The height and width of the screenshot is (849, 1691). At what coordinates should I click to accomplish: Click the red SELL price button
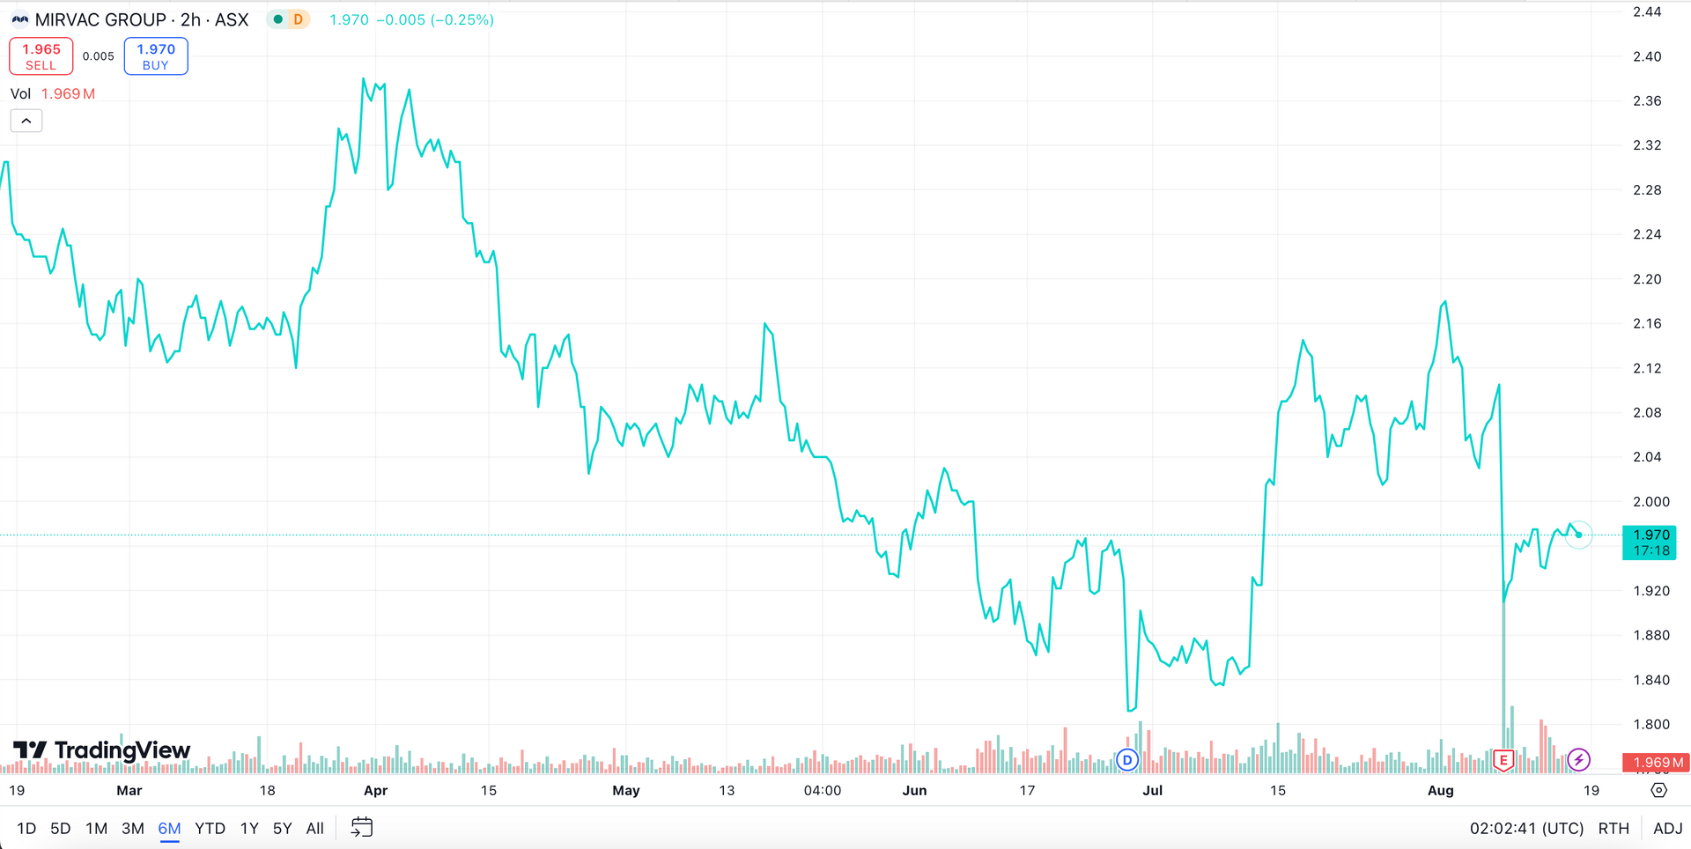tap(41, 56)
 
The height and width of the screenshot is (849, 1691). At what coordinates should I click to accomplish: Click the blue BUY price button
tap(156, 56)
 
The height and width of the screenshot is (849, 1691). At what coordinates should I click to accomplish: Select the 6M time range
tap(169, 828)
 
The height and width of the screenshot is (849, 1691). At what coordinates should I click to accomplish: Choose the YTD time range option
tap(210, 828)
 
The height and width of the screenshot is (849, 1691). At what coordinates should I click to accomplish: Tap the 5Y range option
tap(282, 828)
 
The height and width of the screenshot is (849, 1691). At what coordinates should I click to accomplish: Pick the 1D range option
tap(26, 828)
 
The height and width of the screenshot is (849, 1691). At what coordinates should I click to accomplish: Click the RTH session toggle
tap(1613, 828)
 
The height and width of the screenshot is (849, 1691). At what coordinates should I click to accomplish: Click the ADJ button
tap(1667, 828)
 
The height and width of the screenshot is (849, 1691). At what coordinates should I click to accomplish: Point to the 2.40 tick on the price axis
tap(1647, 56)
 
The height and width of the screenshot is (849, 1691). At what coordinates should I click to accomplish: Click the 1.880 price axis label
tap(1650, 635)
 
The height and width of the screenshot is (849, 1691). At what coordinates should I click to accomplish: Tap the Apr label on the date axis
tap(375, 790)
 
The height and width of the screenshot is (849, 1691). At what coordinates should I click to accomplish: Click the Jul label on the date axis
tap(1152, 790)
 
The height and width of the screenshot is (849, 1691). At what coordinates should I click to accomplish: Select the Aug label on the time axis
tap(1440, 790)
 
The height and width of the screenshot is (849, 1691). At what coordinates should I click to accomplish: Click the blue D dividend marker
tap(1127, 759)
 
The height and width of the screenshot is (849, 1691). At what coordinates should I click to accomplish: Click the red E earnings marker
tap(1503, 759)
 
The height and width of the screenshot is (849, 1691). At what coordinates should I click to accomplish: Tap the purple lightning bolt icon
tap(1579, 759)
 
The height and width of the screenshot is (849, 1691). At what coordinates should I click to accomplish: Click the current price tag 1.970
tap(1650, 543)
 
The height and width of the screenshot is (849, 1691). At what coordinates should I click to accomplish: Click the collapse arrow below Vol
tap(26, 121)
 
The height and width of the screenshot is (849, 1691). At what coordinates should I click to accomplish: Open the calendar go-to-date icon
tap(362, 828)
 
